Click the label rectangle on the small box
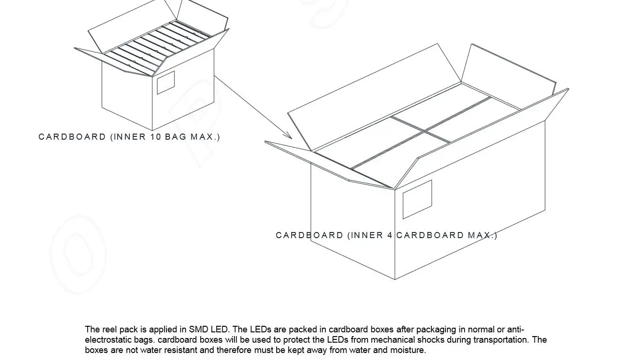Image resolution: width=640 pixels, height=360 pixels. tap(166, 82)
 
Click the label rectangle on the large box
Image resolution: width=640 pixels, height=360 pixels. tap(417, 199)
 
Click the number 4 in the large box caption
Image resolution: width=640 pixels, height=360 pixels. tap(390, 235)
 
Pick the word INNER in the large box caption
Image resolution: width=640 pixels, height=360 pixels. tap(367, 235)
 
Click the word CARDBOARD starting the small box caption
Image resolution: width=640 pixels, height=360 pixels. tap(72, 137)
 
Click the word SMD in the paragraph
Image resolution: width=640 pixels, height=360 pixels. tap(198, 330)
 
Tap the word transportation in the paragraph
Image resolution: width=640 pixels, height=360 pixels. tap(501, 340)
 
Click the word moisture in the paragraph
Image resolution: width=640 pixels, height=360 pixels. tap(409, 350)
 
